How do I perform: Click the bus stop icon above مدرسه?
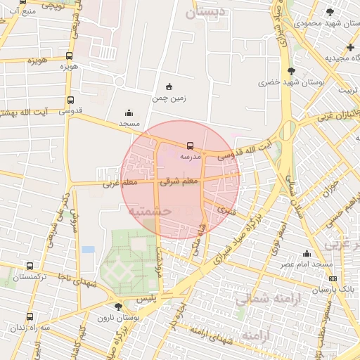click(190, 146)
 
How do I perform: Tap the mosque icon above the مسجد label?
click(129, 112)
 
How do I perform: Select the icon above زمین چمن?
click(169, 86)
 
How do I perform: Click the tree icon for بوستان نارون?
click(118, 307)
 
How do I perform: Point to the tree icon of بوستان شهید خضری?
click(291, 70)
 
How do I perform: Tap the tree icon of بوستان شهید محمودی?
click(330, 12)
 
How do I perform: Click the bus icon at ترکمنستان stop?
click(29, 266)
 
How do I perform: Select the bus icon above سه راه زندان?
click(29, 316)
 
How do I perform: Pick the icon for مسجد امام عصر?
click(307, 253)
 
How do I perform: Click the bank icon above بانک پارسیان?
click(333, 278)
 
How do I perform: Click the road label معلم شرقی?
click(180, 181)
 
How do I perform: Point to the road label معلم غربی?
click(119, 184)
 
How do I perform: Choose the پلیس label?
click(145, 298)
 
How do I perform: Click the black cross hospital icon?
click(350, 47)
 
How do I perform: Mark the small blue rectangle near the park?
click(88, 249)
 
